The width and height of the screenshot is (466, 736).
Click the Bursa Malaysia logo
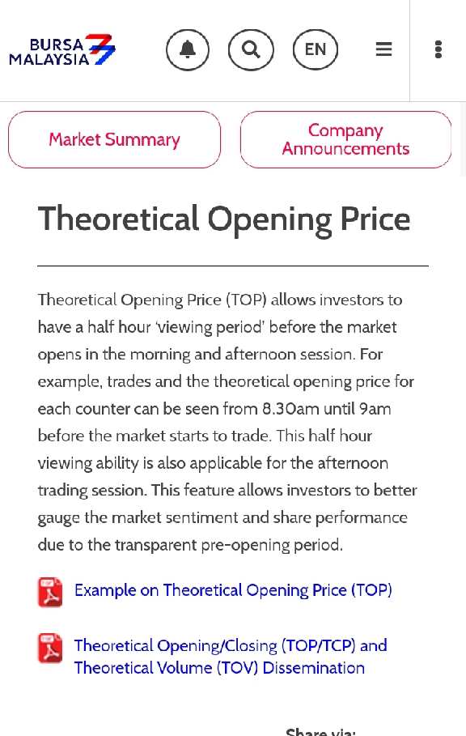(x=61, y=49)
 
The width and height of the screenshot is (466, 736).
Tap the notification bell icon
(x=188, y=49)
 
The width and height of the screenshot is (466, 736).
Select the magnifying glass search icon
(x=251, y=49)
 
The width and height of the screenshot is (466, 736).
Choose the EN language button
(x=316, y=49)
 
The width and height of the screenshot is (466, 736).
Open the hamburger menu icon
(x=384, y=49)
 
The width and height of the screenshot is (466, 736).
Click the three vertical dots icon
(x=438, y=49)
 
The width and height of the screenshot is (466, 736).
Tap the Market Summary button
(x=114, y=139)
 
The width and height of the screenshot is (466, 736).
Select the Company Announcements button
(x=346, y=139)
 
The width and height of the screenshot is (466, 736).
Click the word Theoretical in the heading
(x=119, y=219)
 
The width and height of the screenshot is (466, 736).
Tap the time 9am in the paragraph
(x=375, y=410)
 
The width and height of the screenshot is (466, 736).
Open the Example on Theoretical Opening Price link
(x=233, y=590)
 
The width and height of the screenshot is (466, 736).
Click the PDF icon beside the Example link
(x=50, y=592)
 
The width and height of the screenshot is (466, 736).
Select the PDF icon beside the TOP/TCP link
(x=50, y=649)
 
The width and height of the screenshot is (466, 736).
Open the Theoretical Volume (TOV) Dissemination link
(x=219, y=667)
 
